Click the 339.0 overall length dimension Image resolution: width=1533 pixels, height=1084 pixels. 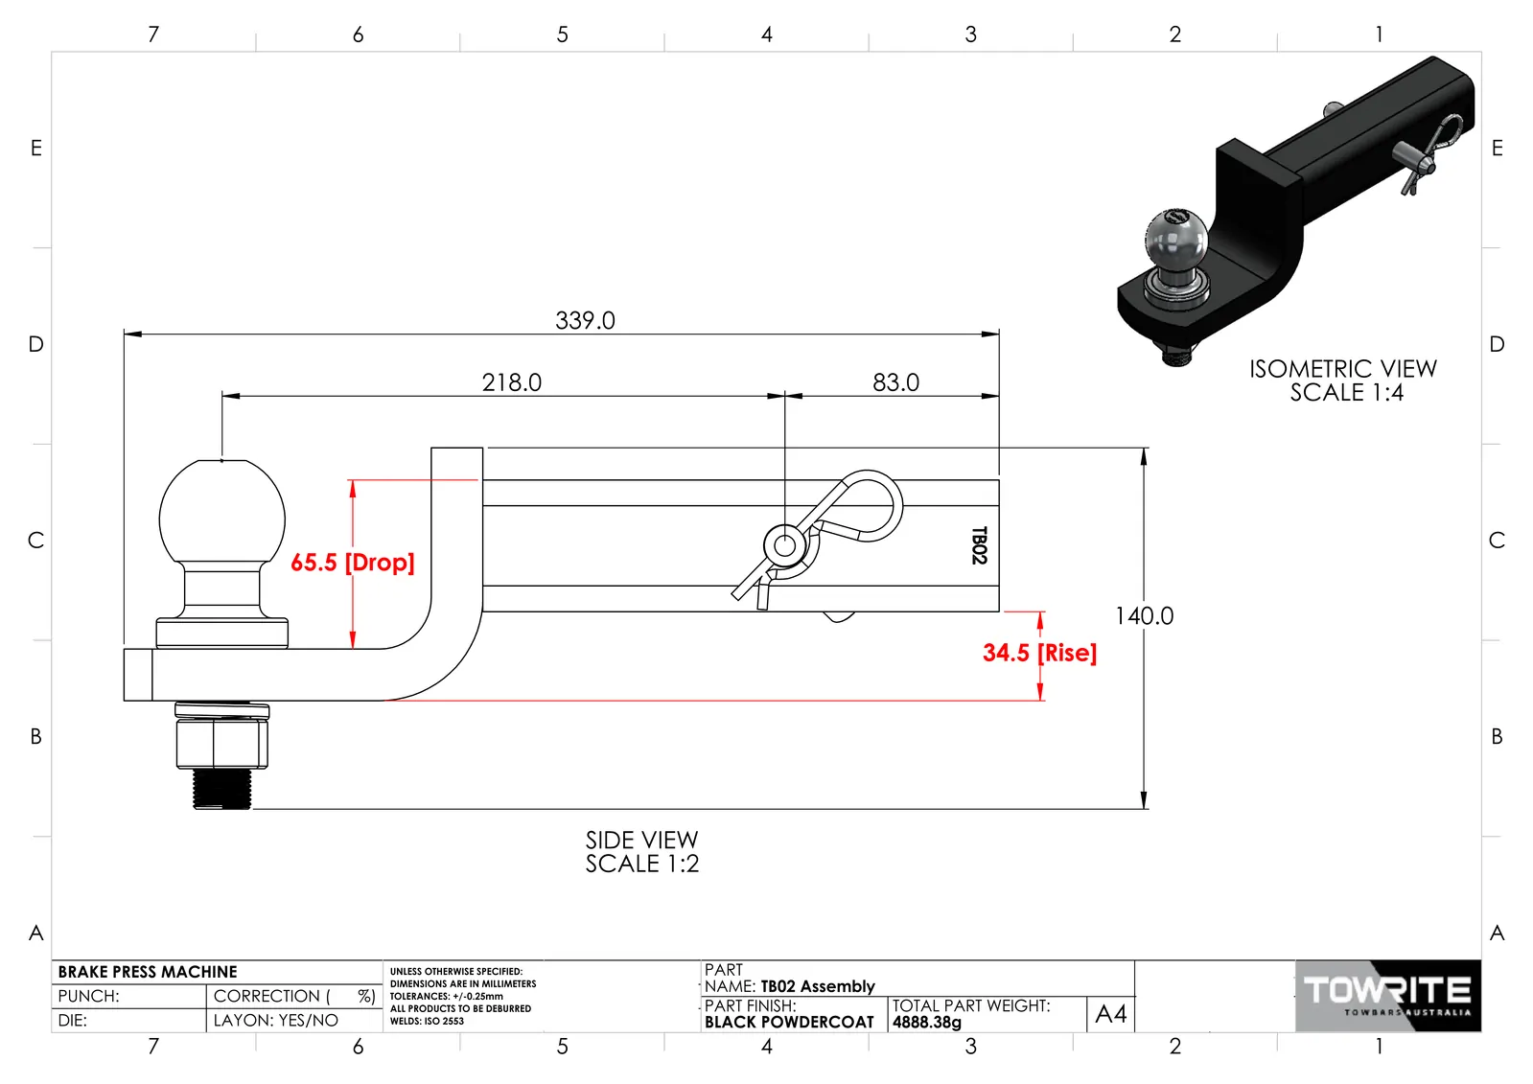click(585, 320)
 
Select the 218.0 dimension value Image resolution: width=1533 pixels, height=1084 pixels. click(512, 382)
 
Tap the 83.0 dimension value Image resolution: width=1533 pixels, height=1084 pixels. click(895, 382)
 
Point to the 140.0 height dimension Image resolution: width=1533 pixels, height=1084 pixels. click(1145, 616)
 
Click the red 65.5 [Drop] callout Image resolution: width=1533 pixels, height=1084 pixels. click(353, 563)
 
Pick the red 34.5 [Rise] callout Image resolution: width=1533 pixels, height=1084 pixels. click(1039, 652)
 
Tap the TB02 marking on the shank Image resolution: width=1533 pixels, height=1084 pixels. click(980, 545)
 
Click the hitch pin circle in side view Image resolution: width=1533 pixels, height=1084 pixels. click(784, 545)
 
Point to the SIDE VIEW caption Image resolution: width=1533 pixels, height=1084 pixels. click(642, 852)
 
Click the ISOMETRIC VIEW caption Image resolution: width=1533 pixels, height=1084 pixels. click(1343, 381)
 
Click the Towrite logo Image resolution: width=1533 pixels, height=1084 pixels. click(1388, 996)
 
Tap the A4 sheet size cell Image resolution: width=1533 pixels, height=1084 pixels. click(1111, 1013)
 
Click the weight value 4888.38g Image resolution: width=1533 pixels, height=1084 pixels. click(927, 1023)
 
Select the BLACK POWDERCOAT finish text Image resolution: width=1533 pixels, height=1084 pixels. click(789, 1023)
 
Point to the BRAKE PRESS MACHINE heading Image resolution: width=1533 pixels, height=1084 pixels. click(147, 972)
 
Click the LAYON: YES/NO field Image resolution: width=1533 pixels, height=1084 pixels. click(276, 1021)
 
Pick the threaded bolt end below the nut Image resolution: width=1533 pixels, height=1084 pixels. click(221, 789)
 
